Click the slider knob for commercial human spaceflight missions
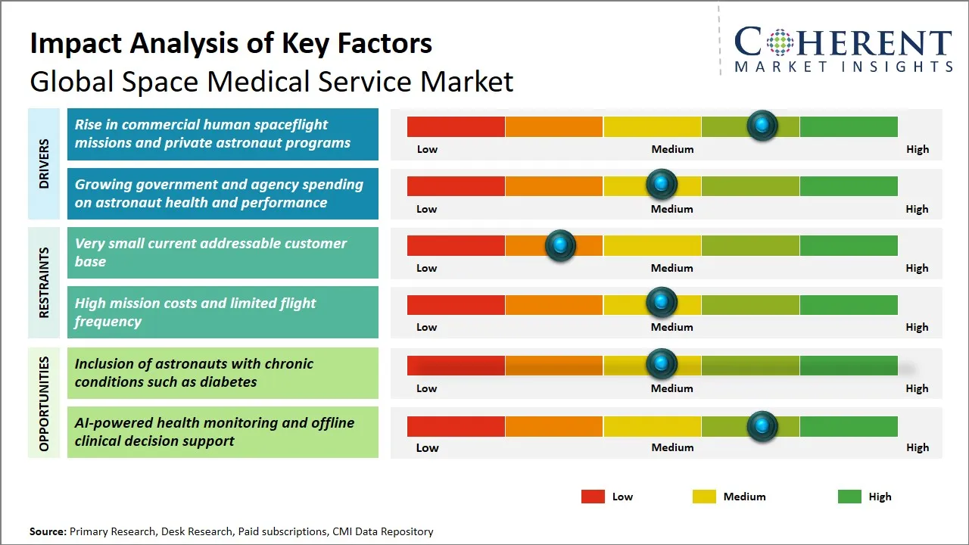coord(762,126)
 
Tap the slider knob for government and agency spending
coord(661,185)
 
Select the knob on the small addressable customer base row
coord(560,244)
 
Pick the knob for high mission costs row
coord(661,304)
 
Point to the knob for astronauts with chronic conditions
coord(661,364)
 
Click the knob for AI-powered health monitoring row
coord(762,426)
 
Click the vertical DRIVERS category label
coord(43,163)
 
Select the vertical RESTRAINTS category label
coord(43,282)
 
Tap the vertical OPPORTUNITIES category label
coord(43,403)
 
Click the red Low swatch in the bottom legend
coord(593,497)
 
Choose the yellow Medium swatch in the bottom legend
coord(704,497)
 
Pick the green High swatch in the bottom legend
coord(849,497)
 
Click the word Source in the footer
coord(48,531)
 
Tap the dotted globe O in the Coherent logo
coord(779,43)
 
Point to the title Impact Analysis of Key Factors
coord(231,43)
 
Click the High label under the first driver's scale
coord(917,149)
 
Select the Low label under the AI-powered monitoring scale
coord(427,447)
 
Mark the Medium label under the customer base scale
coord(671,268)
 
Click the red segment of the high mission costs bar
coord(456,304)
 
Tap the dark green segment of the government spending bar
coord(848,185)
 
